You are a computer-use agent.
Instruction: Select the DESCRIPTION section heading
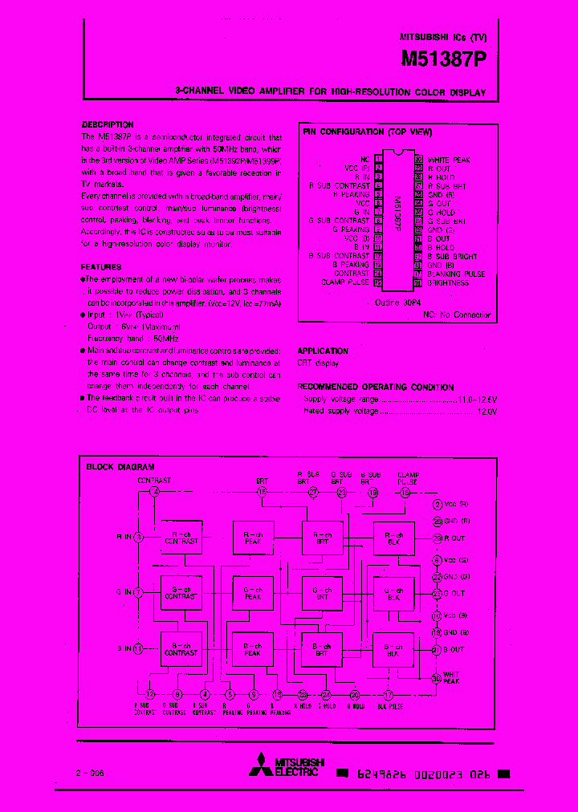[x=108, y=124]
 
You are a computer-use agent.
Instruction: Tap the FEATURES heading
[x=101, y=266]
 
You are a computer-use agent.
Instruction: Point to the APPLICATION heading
[x=323, y=351]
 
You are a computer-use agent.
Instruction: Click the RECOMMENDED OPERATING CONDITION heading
[x=375, y=387]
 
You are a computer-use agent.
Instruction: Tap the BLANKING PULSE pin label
[x=456, y=274]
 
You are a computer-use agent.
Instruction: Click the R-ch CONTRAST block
[x=181, y=537]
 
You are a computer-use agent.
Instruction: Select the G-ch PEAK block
[x=253, y=593]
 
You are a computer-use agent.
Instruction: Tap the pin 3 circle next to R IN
[x=138, y=537]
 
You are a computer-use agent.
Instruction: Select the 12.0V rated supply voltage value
[x=486, y=411]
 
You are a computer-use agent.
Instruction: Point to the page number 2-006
[x=90, y=773]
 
